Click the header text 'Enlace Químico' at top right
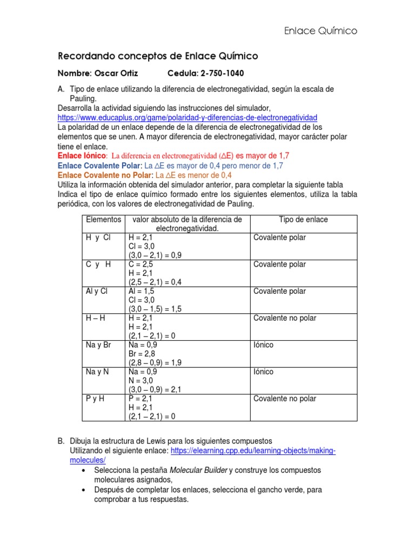320,31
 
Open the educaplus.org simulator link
188,117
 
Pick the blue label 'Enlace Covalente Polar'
99,166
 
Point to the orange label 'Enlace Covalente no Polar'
105,175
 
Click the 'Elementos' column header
103,220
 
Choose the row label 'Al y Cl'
97,291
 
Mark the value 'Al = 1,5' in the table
142,291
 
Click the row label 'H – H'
95,318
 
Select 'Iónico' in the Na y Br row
264,345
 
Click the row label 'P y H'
95,399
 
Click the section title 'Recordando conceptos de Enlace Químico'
158,56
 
